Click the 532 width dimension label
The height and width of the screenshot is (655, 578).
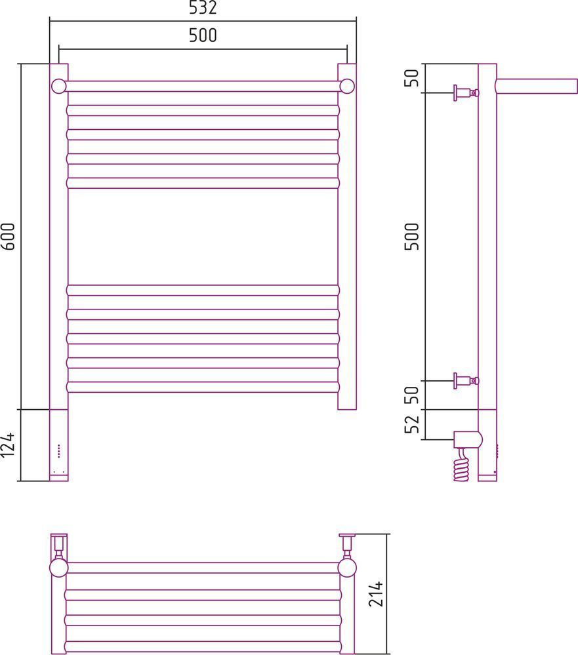pyautogui.click(x=203, y=7)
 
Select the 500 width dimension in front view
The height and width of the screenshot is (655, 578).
pyautogui.click(x=203, y=35)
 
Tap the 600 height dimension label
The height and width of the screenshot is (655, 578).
pyautogui.click(x=8, y=237)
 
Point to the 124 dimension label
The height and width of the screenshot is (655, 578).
pyautogui.click(x=8, y=445)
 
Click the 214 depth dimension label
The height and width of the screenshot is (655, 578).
pyautogui.click(x=376, y=593)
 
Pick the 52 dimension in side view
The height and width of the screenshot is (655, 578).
pyautogui.click(x=411, y=424)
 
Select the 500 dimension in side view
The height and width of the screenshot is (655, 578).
pyautogui.click(x=411, y=237)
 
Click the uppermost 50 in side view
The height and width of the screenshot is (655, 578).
pyautogui.click(x=411, y=78)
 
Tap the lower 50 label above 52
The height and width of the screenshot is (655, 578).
pyautogui.click(x=411, y=395)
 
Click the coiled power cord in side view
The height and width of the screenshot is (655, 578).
pyautogui.click(x=463, y=465)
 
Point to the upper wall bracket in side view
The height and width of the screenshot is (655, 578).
pyautogui.click(x=466, y=92)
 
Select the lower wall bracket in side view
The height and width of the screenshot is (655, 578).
pyautogui.click(x=466, y=381)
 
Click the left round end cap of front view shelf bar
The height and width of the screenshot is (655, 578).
pyautogui.click(x=59, y=87)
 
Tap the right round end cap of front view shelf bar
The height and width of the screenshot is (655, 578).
pyautogui.click(x=347, y=87)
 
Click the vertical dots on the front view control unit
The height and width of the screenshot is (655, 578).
pyautogui.click(x=58, y=451)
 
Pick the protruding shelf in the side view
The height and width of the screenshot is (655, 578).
pyautogui.click(x=537, y=86)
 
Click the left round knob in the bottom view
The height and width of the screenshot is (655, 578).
pyautogui.click(x=58, y=568)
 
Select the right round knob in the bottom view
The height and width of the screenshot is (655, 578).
pyautogui.click(x=347, y=568)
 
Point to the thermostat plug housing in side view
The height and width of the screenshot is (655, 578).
pyautogui.click(x=468, y=439)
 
